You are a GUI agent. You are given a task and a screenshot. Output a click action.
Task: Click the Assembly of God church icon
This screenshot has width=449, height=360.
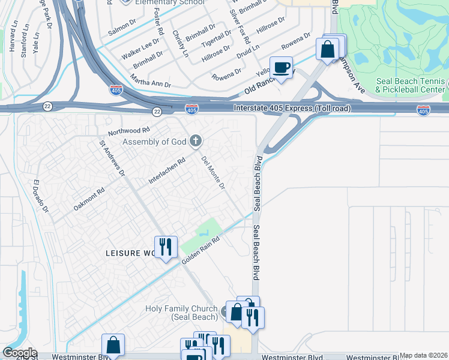(x=194, y=142)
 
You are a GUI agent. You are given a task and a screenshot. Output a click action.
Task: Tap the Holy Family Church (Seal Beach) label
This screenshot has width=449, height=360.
(x=181, y=313)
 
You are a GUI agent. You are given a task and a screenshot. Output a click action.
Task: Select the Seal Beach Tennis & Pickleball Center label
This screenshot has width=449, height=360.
(x=411, y=86)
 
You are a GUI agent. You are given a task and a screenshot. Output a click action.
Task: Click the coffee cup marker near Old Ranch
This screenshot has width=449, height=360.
(x=281, y=67)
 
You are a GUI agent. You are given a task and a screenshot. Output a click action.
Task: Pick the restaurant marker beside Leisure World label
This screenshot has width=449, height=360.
(x=164, y=247)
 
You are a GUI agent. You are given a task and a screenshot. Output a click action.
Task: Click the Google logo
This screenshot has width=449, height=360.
(x=19, y=353)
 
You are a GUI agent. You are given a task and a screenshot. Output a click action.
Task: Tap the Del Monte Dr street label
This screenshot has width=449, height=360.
(x=213, y=173)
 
